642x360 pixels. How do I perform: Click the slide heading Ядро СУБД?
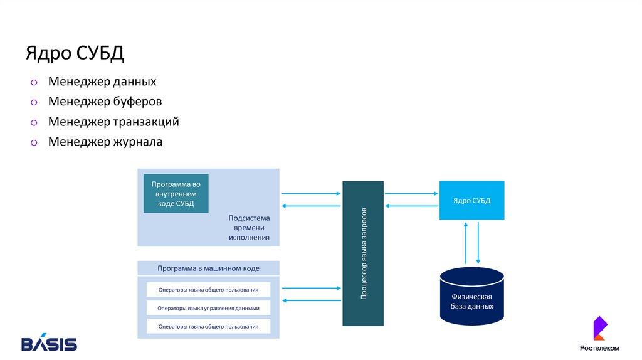[x=75, y=53]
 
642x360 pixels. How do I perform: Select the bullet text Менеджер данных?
[x=102, y=82]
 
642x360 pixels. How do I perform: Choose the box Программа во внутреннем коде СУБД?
[x=176, y=194]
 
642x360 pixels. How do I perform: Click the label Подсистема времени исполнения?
[x=249, y=228]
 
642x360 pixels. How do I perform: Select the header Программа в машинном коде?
[x=208, y=268]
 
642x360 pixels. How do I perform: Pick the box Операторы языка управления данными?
[x=208, y=308]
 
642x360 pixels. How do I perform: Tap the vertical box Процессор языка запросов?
[x=363, y=253]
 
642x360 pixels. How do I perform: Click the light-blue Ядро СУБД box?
[x=471, y=200]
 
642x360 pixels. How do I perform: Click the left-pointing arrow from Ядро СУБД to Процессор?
[x=411, y=206]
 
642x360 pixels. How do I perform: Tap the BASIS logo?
[x=49, y=343]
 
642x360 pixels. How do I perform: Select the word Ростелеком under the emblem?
[x=599, y=348]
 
